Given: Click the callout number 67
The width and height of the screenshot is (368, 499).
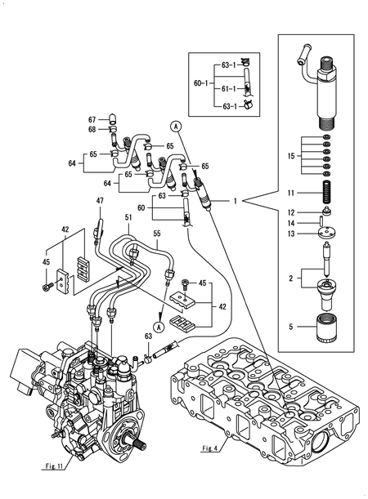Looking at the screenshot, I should coord(92,119).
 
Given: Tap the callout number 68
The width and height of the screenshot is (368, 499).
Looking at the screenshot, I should coord(92,129).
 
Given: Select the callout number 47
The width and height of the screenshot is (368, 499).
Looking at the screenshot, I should coord(100,201).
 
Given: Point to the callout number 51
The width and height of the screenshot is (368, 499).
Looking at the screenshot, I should coord(128,217).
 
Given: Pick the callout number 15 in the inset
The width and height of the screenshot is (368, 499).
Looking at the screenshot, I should coord(289,154).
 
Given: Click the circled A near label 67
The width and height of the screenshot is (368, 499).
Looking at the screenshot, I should coord(174,125).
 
